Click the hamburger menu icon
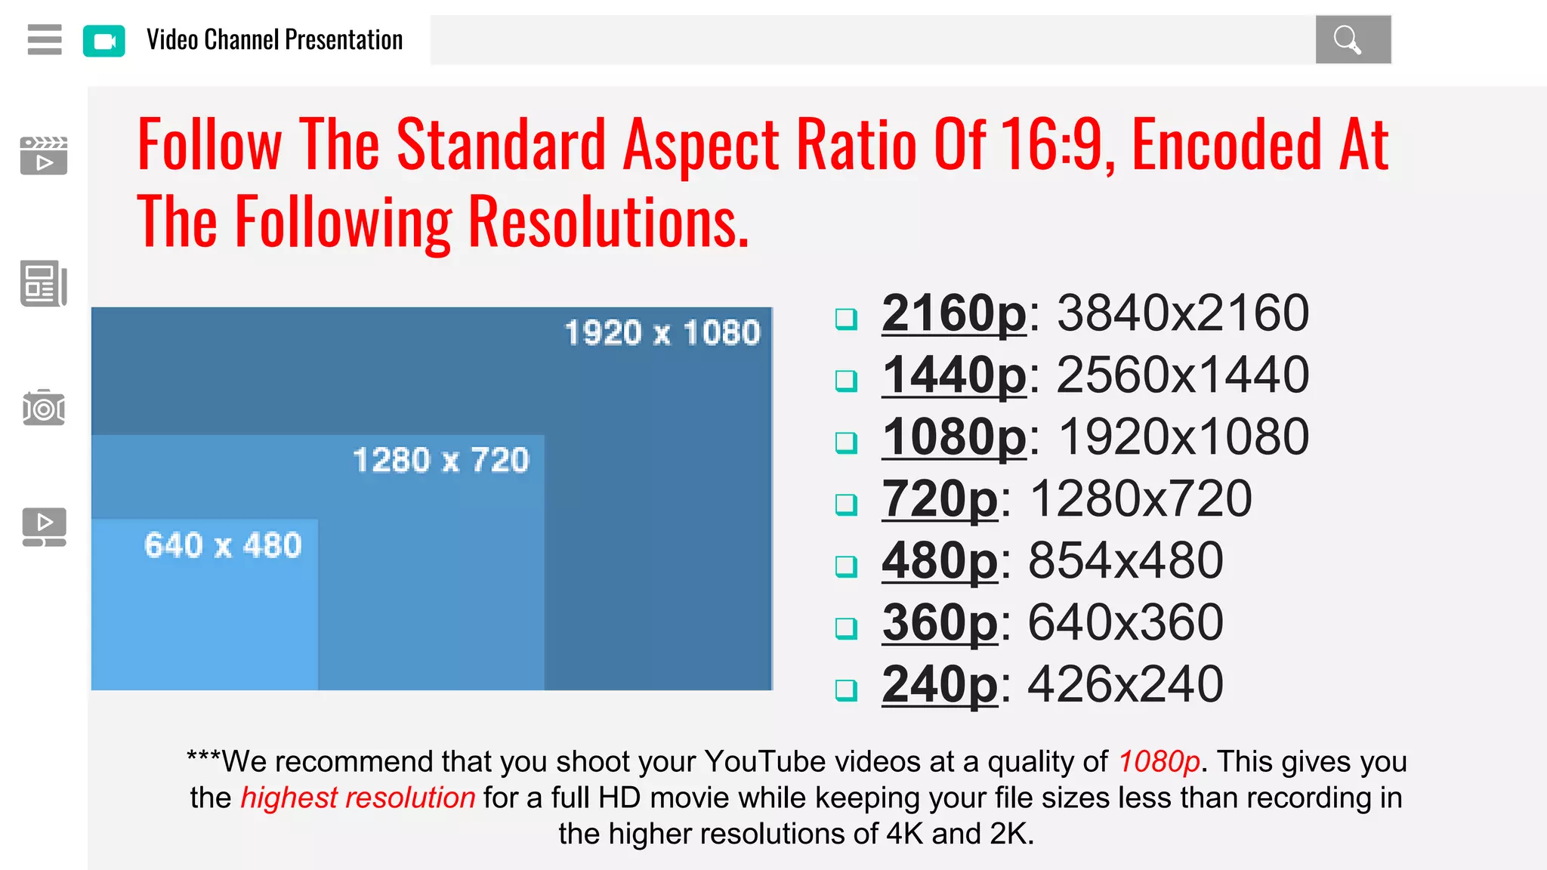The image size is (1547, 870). click(x=45, y=39)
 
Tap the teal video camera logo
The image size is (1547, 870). click(x=104, y=41)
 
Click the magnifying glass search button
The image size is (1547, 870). click(x=1352, y=39)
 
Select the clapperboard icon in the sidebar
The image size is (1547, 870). click(x=44, y=156)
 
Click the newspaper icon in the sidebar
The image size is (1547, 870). click(x=44, y=284)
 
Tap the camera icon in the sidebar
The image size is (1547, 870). click(x=44, y=409)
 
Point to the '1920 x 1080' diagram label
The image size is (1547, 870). click(x=662, y=333)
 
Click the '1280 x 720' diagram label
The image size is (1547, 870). click(x=441, y=460)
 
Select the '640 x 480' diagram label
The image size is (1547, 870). click(x=223, y=545)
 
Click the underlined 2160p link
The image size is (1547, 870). click(x=954, y=313)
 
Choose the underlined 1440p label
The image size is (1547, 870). click(x=954, y=375)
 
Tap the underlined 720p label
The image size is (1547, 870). click(x=940, y=498)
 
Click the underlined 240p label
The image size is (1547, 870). click(x=940, y=684)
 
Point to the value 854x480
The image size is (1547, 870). click(x=1126, y=560)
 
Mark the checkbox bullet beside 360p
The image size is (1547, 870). click(x=846, y=628)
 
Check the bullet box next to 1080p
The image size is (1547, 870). click(x=846, y=442)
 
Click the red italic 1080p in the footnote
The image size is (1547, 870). click(x=1159, y=761)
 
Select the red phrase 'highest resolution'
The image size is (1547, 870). click(x=357, y=797)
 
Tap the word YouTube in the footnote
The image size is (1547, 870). click(x=765, y=761)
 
